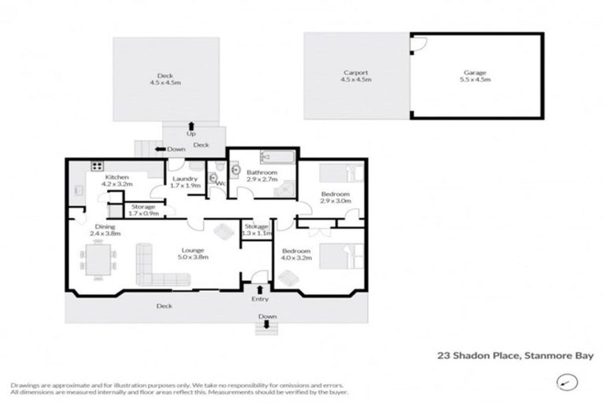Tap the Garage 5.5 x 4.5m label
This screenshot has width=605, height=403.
coord(476,76)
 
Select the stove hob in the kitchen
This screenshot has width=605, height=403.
coord(98,166)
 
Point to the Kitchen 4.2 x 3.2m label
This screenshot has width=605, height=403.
coord(117,181)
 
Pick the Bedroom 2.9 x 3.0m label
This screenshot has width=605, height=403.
coord(335,198)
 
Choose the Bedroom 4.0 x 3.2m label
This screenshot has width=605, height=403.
coord(297,254)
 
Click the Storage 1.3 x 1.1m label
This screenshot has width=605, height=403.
coord(258,230)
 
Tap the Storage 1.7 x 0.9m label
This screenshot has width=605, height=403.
coord(143,210)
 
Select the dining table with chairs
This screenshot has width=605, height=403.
coord(99,260)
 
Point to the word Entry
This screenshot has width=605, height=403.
coord(259,299)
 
